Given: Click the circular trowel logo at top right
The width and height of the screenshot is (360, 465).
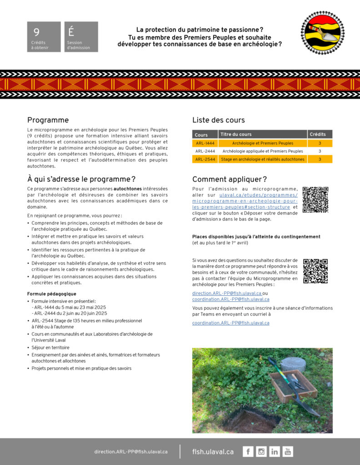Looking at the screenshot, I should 322,33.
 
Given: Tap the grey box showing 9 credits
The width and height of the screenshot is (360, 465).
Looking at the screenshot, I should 44,37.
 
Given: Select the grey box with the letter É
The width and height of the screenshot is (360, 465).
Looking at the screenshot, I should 81,37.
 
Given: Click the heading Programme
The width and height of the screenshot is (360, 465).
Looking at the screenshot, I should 48,120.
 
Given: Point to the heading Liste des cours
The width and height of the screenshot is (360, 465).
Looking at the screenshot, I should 218,120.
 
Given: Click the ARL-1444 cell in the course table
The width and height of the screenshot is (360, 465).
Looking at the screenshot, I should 205,143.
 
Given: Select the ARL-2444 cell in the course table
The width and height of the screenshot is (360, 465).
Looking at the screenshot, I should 205,151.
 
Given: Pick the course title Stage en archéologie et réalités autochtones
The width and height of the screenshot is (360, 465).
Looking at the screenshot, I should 262,159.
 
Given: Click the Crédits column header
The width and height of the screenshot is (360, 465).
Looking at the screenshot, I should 320,134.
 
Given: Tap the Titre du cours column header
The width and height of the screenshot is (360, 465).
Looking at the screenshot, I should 236,134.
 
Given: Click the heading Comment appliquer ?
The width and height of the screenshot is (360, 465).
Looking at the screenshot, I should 230,179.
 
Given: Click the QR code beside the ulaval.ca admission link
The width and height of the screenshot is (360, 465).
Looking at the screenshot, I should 315,199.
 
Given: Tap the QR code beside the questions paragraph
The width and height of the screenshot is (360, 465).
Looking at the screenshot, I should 315,271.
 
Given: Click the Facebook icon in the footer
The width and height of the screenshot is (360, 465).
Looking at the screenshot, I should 248,451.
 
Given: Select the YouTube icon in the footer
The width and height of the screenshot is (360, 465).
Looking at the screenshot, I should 288,451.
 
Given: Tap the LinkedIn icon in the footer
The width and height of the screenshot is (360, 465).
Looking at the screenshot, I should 275,451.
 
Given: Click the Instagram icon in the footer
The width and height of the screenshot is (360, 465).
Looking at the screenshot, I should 261,451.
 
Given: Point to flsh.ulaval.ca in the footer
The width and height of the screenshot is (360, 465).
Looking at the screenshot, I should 213,452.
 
